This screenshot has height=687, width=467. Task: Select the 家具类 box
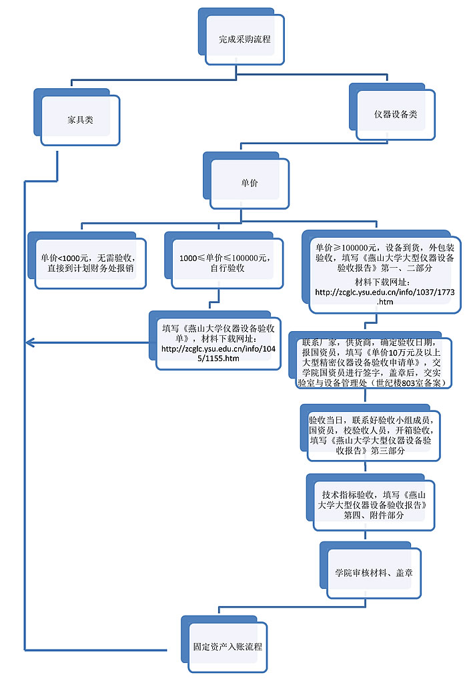80,120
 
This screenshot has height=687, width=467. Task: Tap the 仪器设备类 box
396,114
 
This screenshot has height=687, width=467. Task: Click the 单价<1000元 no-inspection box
89,263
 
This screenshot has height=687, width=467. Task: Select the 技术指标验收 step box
374,505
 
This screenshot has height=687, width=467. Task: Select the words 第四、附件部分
374,516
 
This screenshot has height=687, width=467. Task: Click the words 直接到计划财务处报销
89,269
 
